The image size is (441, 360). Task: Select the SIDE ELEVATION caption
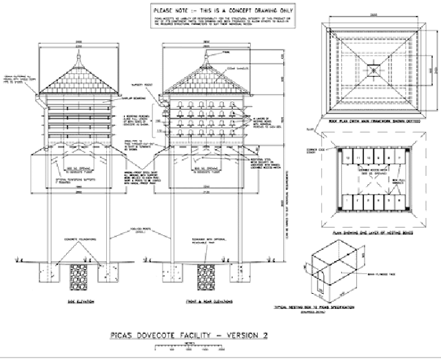tap(81, 302)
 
